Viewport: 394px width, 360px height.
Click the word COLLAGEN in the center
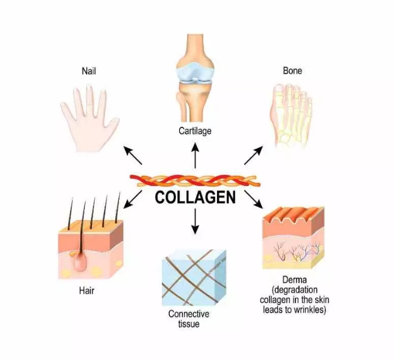(196, 197)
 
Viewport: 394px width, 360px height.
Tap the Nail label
(89, 71)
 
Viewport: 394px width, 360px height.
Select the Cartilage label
(195, 131)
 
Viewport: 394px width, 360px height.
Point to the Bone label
(292, 71)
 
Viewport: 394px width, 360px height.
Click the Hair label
(87, 291)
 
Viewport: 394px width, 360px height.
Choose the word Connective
(189, 314)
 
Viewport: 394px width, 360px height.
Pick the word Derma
(295, 280)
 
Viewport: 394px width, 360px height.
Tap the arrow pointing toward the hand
(133, 155)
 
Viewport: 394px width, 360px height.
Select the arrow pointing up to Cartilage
(195, 155)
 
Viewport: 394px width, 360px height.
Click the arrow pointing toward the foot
(253, 155)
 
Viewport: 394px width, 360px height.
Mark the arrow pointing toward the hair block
(133, 199)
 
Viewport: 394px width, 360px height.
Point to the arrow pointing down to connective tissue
(195, 221)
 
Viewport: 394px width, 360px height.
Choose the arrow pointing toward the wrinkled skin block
(253, 200)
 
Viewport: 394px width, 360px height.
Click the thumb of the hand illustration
(111, 126)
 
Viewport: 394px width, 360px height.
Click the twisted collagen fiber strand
(195, 181)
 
